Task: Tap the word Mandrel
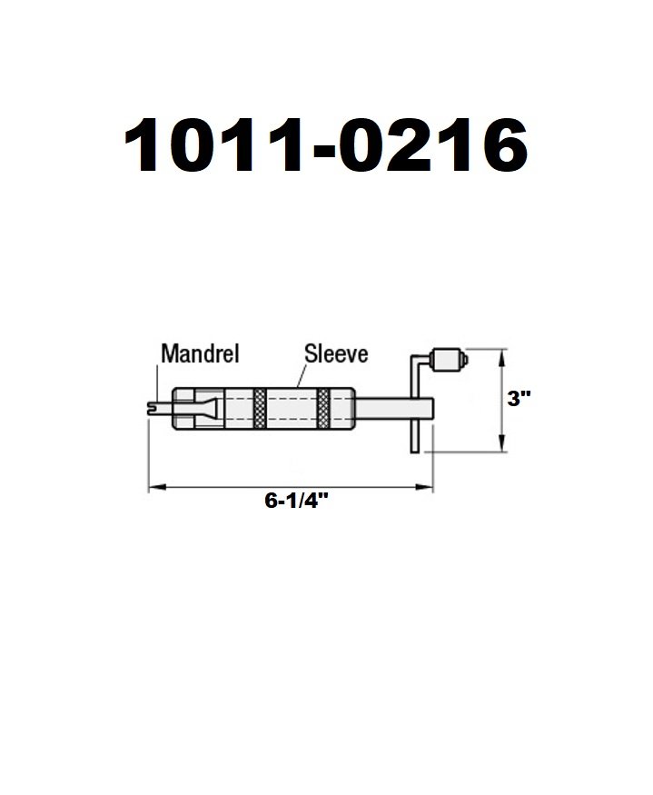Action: [x=199, y=354]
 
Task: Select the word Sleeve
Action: [x=336, y=353]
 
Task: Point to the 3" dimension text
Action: [x=519, y=398]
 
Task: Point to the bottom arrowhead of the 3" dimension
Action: [x=501, y=444]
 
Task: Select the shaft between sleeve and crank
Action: [x=381, y=408]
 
